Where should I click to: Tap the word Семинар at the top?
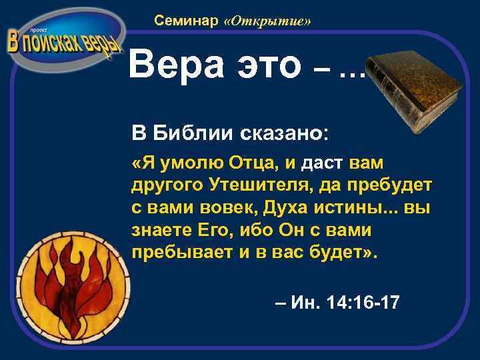186,21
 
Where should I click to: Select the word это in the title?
271,65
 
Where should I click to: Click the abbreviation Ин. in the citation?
304,303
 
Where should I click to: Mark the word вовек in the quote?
229,208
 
